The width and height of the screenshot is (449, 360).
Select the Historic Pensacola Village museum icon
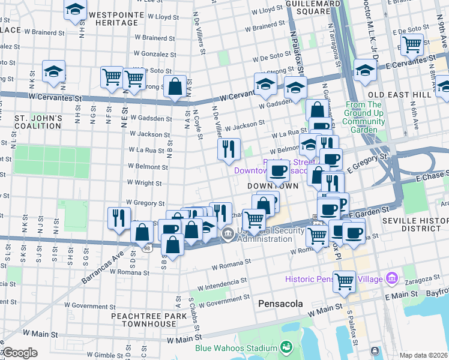[393, 278]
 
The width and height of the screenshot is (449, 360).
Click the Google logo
[19, 353]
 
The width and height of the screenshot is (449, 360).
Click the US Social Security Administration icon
[228, 234]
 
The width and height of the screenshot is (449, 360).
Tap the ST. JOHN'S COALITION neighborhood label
[38, 122]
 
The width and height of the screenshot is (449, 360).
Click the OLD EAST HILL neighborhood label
[400, 95]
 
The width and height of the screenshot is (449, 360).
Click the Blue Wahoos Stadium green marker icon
[285, 348]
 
